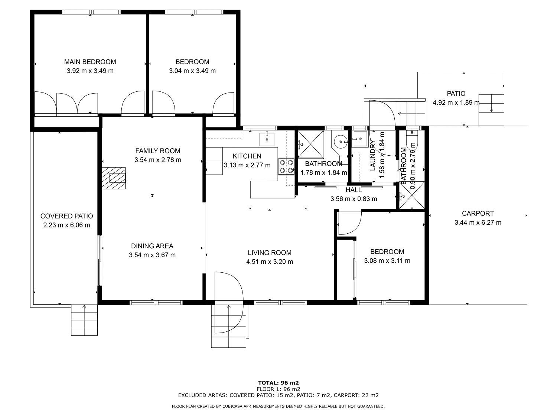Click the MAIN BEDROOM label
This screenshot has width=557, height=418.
(90, 62)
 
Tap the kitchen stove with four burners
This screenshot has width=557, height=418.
(286, 166)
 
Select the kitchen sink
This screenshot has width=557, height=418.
(267, 139)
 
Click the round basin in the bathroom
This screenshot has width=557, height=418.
(340, 141)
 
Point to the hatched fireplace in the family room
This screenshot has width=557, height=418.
(114, 178)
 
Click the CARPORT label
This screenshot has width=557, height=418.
(478, 213)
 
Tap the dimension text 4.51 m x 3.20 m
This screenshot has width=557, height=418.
(270, 262)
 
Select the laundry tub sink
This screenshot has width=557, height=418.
(360, 139)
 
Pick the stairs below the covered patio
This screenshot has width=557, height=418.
(84, 320)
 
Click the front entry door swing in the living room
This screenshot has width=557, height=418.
(229, 302)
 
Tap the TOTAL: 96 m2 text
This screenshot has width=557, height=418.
(278, 383)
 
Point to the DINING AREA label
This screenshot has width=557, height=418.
(152, 246)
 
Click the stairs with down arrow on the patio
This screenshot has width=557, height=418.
(491, 110)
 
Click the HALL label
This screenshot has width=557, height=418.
(354, 190)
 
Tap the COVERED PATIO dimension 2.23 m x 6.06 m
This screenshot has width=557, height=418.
(66, 225)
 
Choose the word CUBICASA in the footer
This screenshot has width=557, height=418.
(232, 406)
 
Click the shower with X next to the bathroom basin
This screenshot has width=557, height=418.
(310, 144)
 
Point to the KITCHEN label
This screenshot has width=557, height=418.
(247, 156)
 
